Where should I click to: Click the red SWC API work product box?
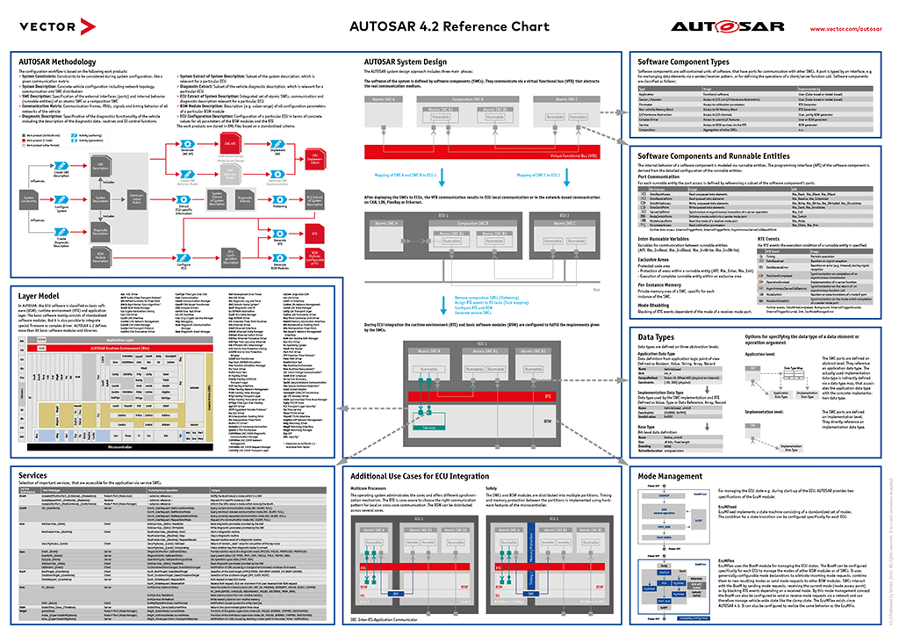coord(230,142)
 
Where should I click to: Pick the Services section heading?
coord(32,474)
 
